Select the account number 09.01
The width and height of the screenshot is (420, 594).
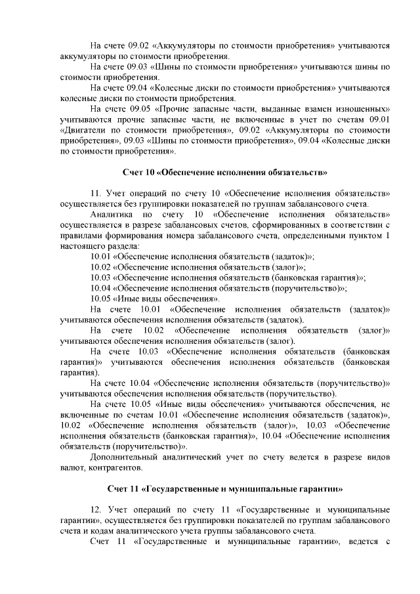[379, 119]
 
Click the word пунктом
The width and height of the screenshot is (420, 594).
[366, 234]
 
